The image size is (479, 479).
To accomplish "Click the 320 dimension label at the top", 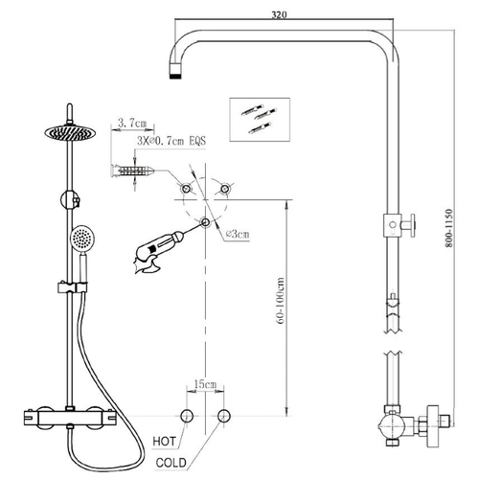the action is click(279, 14).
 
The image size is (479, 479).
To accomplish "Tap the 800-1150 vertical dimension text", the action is click(448, 228).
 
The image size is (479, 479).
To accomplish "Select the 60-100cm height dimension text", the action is click(281, 301).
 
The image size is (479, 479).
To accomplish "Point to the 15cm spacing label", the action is click(205, 383).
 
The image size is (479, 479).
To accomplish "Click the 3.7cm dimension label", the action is click(132, 123).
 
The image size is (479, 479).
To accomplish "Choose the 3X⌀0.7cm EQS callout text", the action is click(171, 141).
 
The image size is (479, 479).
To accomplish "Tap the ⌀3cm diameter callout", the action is click(238, 234).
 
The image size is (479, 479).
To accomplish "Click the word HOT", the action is click(164, 442).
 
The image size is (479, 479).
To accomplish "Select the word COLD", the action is click(171, 463).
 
